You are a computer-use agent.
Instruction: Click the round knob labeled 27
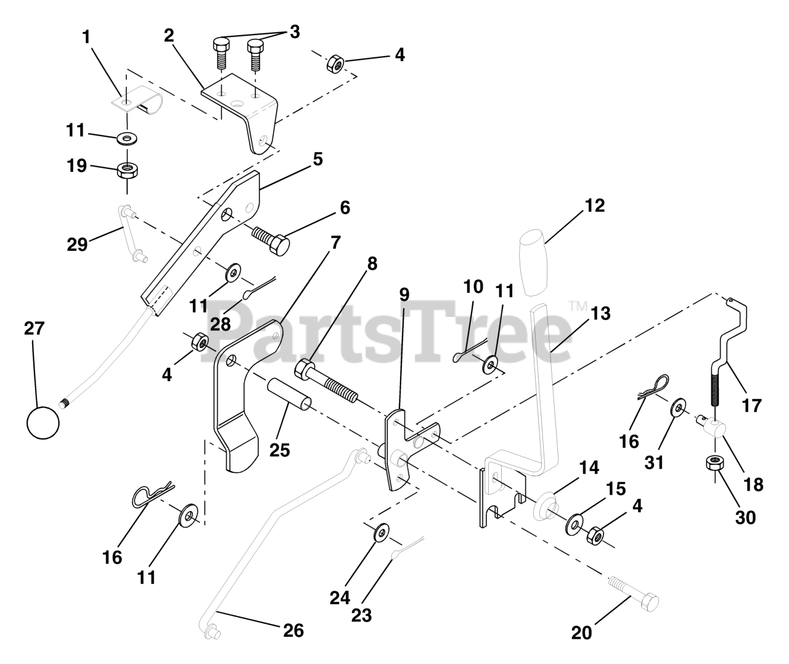(43, 423)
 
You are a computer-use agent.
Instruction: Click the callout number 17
(752, 406)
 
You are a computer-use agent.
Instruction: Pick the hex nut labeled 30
(714, 464)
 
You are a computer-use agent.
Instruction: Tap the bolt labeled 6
(272, 240)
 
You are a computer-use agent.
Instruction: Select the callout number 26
(293, 630)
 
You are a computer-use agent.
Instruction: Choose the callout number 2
(169, 36)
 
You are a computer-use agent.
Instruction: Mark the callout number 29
(77, 244)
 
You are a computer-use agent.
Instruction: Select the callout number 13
(600, 314)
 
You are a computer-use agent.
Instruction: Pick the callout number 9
(404, 294)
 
